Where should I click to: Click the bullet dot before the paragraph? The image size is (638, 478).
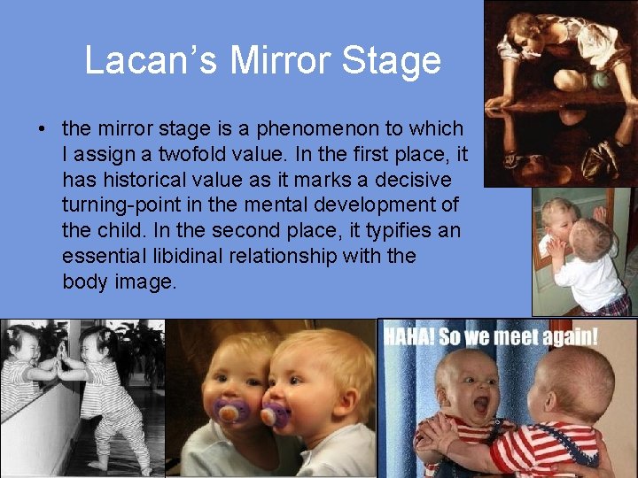43,129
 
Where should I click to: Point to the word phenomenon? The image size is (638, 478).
302,129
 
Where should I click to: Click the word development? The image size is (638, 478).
375,206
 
